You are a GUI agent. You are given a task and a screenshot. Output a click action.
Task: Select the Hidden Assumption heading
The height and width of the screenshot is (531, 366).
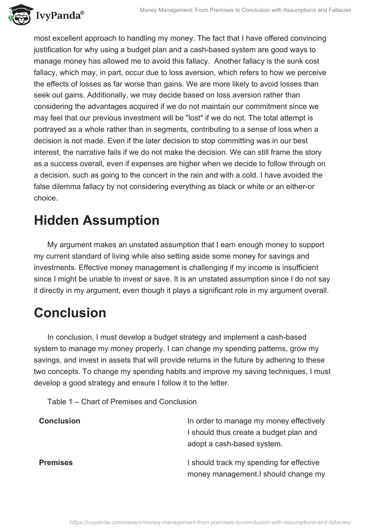(x=97, y=220)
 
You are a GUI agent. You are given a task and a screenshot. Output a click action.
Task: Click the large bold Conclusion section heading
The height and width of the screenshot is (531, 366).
(x=70, y=313)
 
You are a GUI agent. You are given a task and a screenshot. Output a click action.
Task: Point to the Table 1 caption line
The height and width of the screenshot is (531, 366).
(x=122, y=401)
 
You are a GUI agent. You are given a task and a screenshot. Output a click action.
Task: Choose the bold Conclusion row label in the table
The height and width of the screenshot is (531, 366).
(x=59, y=421)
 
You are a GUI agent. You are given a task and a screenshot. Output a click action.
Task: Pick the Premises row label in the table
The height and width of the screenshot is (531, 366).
(x=56, y=463)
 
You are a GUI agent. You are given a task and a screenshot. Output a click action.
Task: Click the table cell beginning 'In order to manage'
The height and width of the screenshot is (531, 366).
(x=256, y=432)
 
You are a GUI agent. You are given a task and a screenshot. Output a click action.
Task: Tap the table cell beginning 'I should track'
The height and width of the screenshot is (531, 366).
(x=256, y=468)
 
